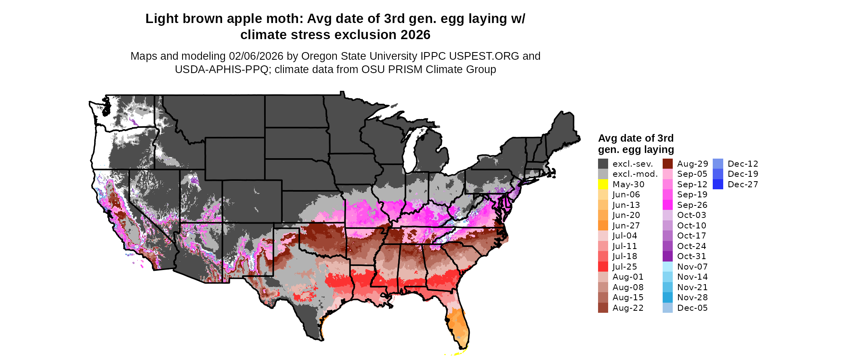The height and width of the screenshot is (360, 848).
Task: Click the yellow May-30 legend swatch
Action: (x=603, y=184)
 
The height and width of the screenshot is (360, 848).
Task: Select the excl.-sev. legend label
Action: (x=632, y=164)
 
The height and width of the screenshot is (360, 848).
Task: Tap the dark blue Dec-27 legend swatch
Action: (x=718, y=184)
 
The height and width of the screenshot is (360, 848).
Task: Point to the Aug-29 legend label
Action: (x=692, y=164)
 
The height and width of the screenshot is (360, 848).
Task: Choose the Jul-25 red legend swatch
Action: (x=603, y=267)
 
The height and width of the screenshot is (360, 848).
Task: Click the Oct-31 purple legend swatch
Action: (x=667, y=256)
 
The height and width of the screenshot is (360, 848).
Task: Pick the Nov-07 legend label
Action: (x=692, y=267)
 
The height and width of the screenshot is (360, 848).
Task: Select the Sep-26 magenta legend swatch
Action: (x=667, y=205)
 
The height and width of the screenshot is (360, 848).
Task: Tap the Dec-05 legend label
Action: (x=692, y=308)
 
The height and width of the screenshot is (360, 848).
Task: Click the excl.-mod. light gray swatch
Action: (x=603, y=174)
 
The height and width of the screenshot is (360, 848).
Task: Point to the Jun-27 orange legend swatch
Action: (x=603, y=226)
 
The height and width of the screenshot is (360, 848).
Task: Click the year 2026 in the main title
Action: (x=416, y=35)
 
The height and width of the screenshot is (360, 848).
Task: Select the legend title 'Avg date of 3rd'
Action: (x=636, y=138)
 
